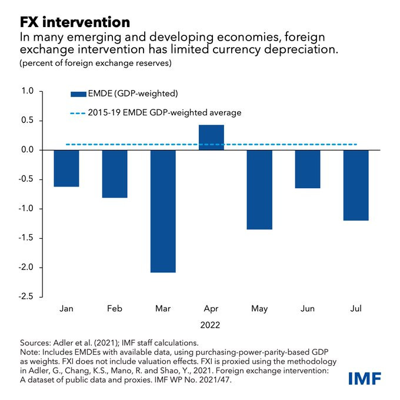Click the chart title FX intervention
tap(75, 22)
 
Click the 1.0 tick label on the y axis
tap(27, 91)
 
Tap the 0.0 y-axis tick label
tap(27, 150)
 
